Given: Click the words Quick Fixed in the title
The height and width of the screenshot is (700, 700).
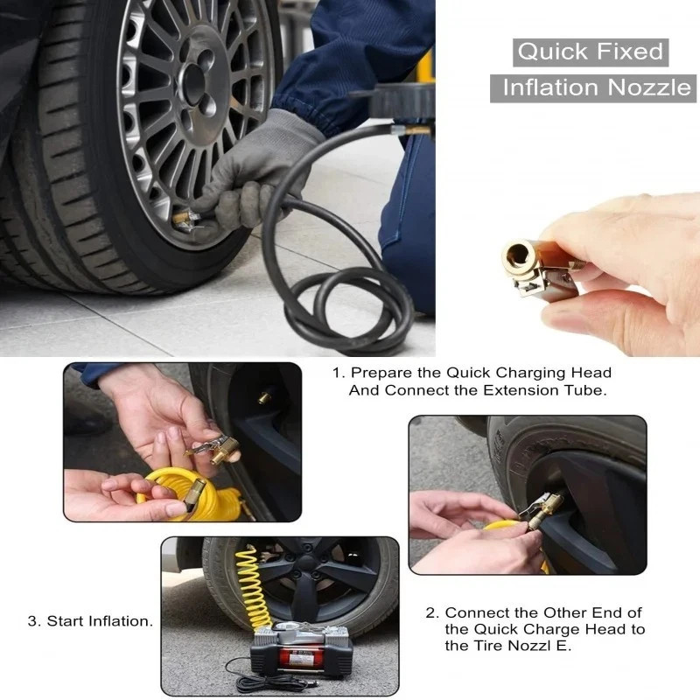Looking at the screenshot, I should pos(591,52).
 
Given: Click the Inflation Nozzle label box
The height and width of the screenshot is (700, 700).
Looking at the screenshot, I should pos(595,87).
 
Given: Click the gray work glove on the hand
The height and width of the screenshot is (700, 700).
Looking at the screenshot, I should pos(262,166).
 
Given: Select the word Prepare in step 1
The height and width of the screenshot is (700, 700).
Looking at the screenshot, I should pos(383,373).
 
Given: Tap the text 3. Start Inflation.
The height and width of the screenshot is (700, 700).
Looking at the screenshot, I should pos(90,621).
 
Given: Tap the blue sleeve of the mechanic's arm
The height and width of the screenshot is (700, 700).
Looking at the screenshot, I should pos(350,52).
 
